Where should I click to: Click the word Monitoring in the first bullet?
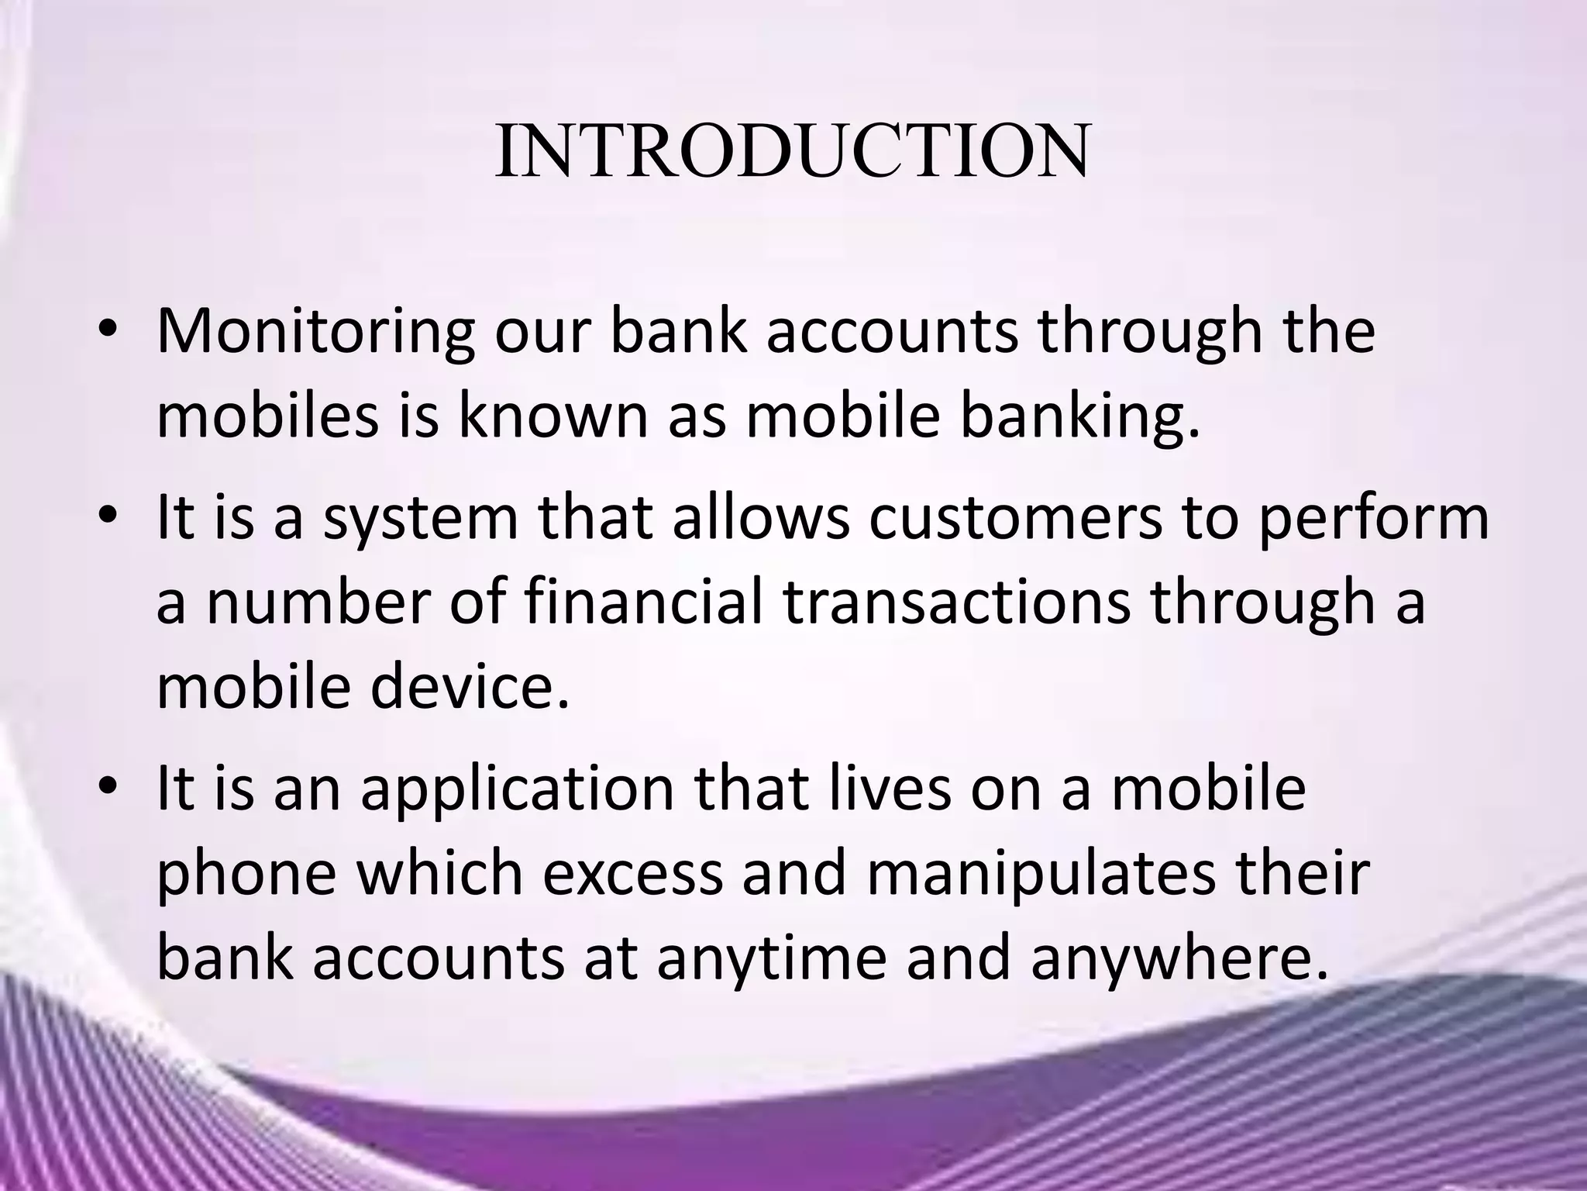315,332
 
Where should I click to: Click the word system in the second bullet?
420,520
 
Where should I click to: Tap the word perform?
1372,520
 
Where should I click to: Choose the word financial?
645,602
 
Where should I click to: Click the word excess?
631,873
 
